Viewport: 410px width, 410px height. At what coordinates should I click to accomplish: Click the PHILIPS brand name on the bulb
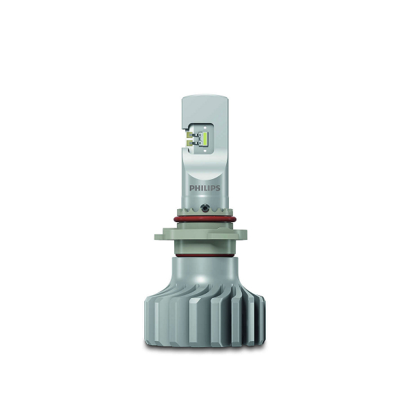point(205,189)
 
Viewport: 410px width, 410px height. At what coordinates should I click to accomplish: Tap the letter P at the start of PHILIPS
point(191,189)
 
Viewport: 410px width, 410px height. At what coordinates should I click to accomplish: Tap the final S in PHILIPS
point(218,189)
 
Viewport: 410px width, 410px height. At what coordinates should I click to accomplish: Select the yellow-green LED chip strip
point(205,139)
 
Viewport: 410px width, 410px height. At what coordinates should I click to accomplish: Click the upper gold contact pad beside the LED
point(190,135)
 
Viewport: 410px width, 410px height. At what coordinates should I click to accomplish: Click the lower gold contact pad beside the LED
point(190,142)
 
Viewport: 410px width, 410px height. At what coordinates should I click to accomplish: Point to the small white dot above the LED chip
point(205,128)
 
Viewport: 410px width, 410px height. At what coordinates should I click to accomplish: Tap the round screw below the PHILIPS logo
point(204,208)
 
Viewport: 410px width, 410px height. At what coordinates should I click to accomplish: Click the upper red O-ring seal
point(205,219)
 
